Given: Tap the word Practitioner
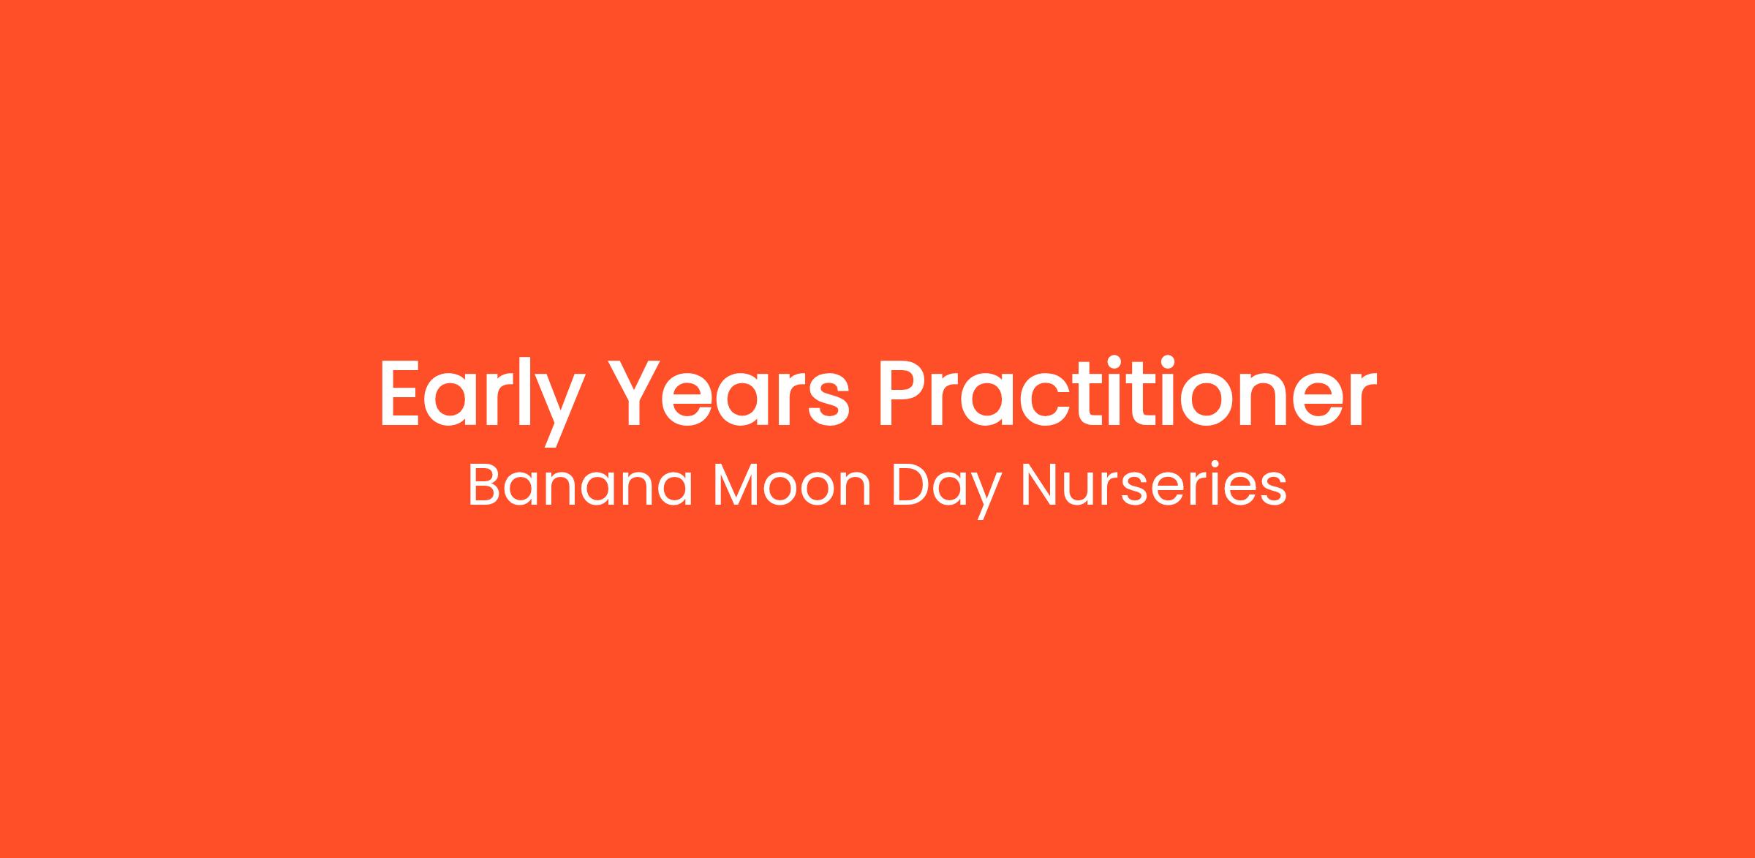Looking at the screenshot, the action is (1127, 392).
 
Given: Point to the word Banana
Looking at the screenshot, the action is (580, 485).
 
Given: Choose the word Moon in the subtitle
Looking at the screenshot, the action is (792, 485).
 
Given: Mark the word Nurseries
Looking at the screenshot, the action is (1153, 484).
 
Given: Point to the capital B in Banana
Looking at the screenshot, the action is (485, 485).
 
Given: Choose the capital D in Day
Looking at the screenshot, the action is (912, 485).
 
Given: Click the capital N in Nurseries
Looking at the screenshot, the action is (1039, 485).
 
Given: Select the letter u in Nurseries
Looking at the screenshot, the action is (1086, 491).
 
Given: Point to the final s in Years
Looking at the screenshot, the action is (830, 402).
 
